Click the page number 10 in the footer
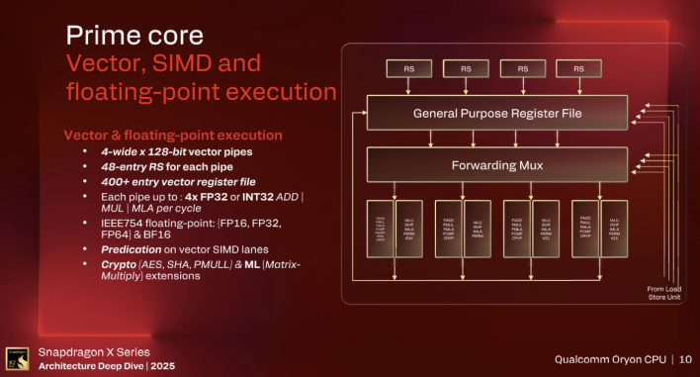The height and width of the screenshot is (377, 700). point(686,357)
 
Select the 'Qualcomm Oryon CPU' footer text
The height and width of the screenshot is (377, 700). point(603,357)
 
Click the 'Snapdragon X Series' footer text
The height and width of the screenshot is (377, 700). point(94,351)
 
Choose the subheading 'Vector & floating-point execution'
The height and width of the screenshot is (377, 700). point(173,135)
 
